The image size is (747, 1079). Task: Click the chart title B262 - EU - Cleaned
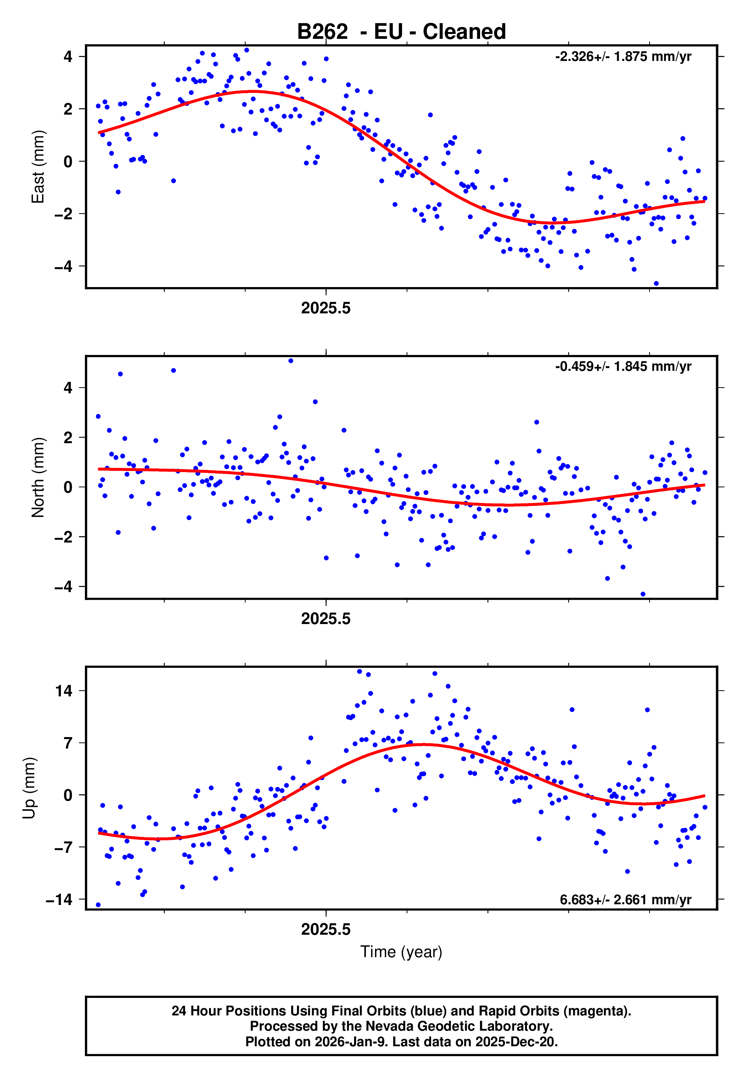[x=401, y=32]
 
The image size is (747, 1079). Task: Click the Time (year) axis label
[x=401, y=952]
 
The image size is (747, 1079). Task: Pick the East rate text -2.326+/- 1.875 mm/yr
[x=623, y=57]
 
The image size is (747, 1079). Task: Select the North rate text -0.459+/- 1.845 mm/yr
[x=623, y=366]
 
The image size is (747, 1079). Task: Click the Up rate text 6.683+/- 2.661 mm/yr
[x=625, y=899]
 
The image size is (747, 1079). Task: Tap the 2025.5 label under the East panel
[x=326, y=308]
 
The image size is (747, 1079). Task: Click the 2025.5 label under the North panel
[x=326, y=619]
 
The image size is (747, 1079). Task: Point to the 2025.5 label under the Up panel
[x=326, y=929]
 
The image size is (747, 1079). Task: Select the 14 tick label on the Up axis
[x=64, y=691]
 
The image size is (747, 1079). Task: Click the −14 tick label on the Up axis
[x=59, y=899]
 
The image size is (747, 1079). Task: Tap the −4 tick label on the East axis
[x=63, y=266]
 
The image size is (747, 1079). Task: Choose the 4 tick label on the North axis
[x=68, y=388]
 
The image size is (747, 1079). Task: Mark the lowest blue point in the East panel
[x=656, y=284]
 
